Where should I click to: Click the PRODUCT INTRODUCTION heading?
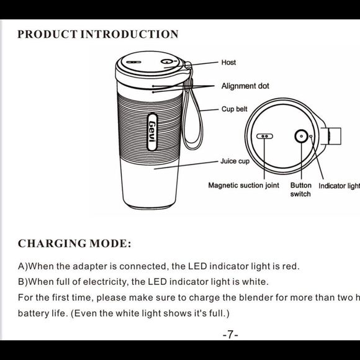click(x=97, y=34)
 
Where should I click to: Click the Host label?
click(x=228, y=63)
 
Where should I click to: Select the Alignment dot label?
click(x=245, y=86)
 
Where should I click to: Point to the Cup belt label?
click(x=234, y=109)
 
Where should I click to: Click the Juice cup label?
click(x=235, y=161)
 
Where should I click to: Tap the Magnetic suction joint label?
click(x=243, y=186)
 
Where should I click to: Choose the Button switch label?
click(x=301, y=189)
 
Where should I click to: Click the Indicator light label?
click(x=339, y=186)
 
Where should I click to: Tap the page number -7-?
click(x=230, y=335)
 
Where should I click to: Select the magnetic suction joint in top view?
click(x=265, y=136)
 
